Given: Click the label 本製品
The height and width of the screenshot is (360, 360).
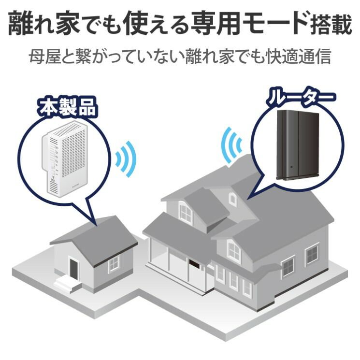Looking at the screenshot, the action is click(x=68, y=107).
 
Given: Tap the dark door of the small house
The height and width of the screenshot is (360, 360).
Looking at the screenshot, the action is click(x=74, y=269).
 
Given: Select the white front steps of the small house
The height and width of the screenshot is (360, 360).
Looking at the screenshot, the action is click(x=68, y=285).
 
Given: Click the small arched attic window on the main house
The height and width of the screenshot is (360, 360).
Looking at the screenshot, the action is click(x=232, y=199).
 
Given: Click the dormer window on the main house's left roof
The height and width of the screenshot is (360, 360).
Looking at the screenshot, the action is click(x=185, y=213).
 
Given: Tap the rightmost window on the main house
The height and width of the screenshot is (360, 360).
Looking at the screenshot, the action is click(x=312, y=254).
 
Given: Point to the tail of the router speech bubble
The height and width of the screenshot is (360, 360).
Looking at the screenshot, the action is click(x=248, y=199).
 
